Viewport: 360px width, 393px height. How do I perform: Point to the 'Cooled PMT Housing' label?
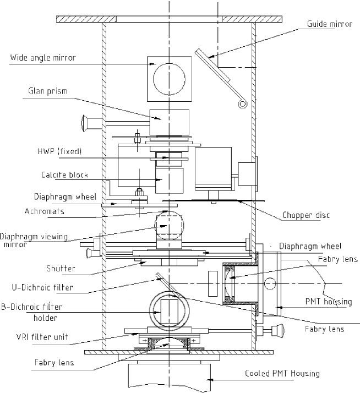pos(282,374)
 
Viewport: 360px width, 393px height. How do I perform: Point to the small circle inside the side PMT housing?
pos(270,284)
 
